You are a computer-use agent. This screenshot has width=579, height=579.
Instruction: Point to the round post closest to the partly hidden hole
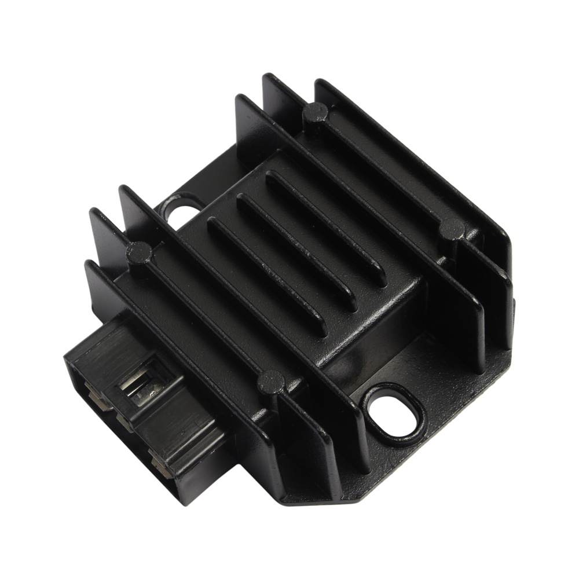pyautogui.click(x=139, y=251)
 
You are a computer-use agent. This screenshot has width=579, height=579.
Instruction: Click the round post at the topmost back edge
pyautogui.click(x=315, y=112)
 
